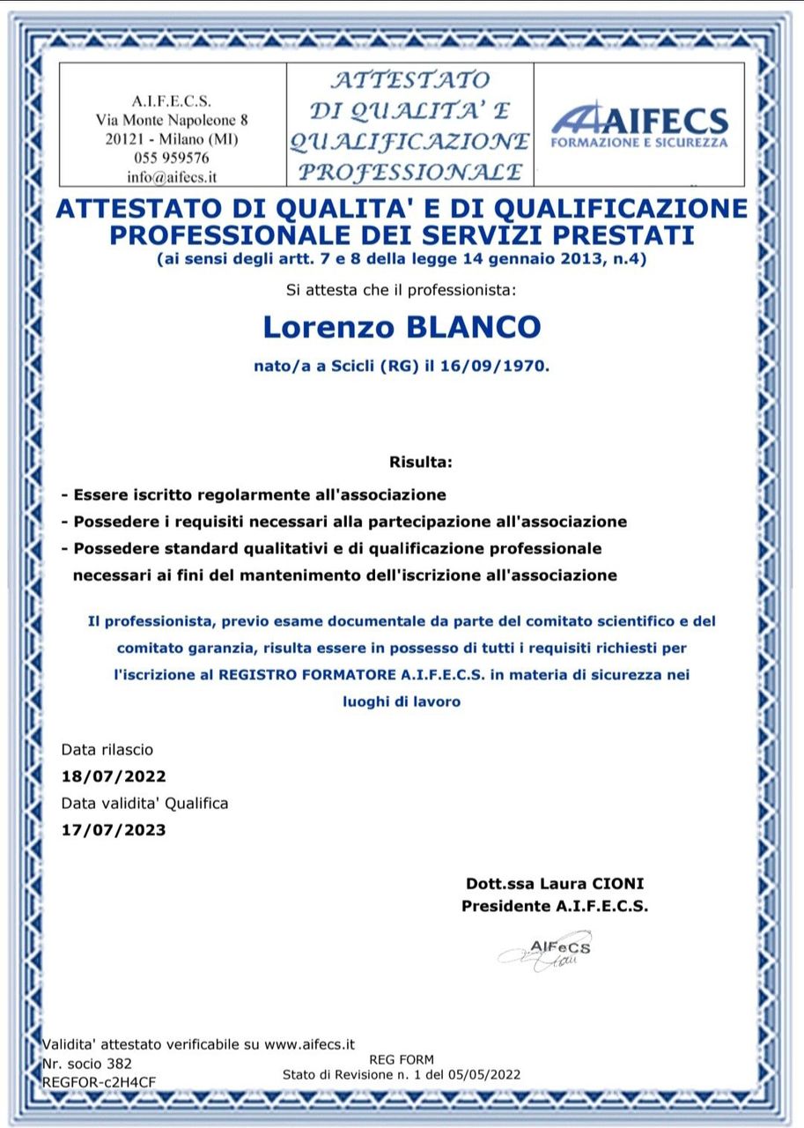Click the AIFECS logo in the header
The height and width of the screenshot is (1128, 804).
tap(639, 125)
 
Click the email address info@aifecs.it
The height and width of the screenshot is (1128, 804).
tap(172, 176)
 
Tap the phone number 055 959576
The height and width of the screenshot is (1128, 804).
tap(172, 158)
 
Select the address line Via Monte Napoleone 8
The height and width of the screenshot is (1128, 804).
tap(172, 119)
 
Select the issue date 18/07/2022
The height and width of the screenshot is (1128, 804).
tap(114, 776)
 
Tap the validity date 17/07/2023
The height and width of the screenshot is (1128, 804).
tap(114, 829)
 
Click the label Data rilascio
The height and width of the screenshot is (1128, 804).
tap(107, 750)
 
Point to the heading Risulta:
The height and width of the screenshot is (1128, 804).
tap(420, 462)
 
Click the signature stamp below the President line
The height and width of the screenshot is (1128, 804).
tap(545, 951)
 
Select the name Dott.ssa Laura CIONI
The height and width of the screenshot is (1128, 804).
tap(548, 883)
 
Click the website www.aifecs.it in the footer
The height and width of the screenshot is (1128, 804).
tap(309, 1044)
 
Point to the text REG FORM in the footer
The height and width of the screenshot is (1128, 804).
tap(402, 1059)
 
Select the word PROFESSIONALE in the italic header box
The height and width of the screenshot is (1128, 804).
tap(409, 170)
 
